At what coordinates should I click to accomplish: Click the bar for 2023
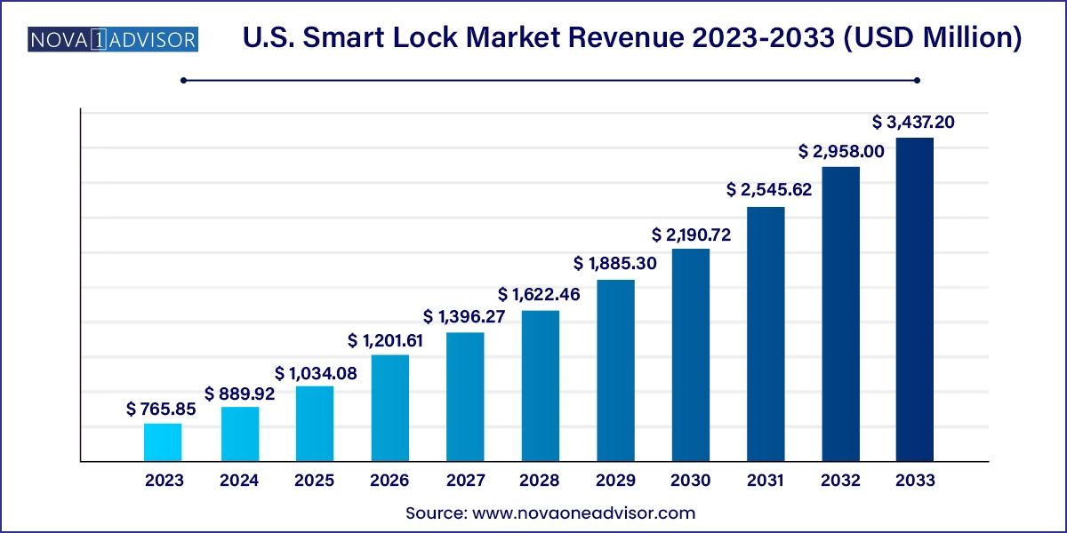(x=163, y=442)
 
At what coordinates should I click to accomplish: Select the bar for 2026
(x=389, y=409)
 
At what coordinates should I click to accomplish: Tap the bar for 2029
(x=615, y=370)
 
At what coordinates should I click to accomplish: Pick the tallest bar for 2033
(x=914, y=299)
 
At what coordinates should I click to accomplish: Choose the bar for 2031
(x=766, y=334)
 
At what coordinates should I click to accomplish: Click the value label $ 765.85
(x=163, y=410)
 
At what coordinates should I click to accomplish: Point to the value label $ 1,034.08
(x=316, y=373)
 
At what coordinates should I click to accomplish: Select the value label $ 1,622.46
(x=540, y=294)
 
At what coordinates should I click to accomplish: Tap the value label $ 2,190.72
(x=690, y=234)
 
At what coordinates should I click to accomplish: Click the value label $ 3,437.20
(x=914, y=122)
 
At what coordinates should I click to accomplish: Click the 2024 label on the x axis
(x=239, y=481)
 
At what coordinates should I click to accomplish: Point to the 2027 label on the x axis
(x=465, y=481)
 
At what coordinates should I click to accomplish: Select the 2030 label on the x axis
(x=691, y=481)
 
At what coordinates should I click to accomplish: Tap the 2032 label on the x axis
(x=840, y=481)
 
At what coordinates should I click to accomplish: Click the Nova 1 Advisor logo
(x=113, y=40)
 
